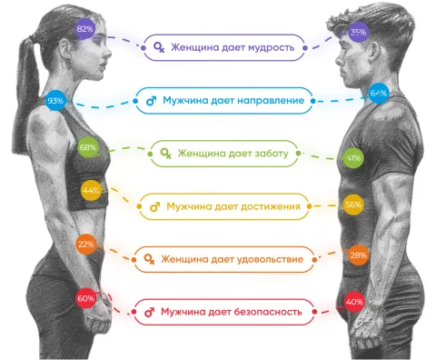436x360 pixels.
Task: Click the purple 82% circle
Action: [x=85, y=29]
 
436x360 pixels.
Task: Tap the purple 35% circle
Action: [x=359, y=32]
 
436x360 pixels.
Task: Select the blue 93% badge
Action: [x=55, y=100]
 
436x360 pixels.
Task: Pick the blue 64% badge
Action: [x=379, y=93]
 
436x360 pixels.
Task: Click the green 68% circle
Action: [x=88, y=147]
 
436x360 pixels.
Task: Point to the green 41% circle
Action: [x=353, y=158]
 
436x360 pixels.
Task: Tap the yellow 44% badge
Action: [x=91, y=190]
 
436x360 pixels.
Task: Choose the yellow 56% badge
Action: [x=353, y=205]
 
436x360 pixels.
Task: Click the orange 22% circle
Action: [x=86, y=244]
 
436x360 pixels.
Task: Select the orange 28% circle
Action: [x=358, y=255]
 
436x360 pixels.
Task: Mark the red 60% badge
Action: [x=86, y=298]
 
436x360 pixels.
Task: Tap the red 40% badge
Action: [x=354, y=302]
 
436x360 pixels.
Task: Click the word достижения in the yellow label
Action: [x=265, y=207]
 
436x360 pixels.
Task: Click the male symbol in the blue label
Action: [x=151, y=101]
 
